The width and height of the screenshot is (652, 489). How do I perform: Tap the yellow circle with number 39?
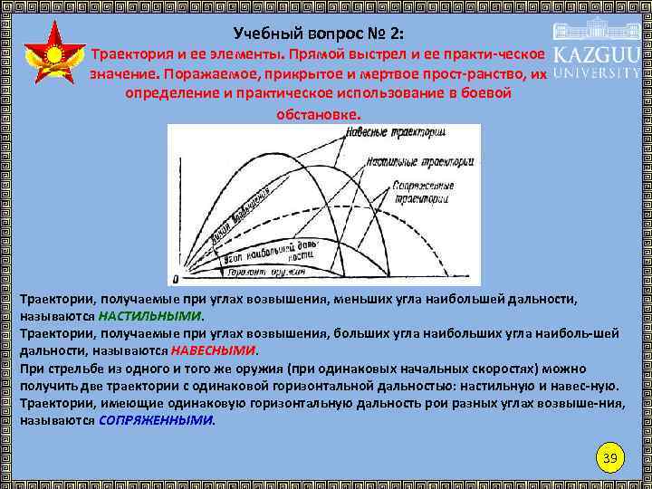click(x=610, y=459)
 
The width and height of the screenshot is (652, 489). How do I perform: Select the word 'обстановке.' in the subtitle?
click(x=317, y=115)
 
